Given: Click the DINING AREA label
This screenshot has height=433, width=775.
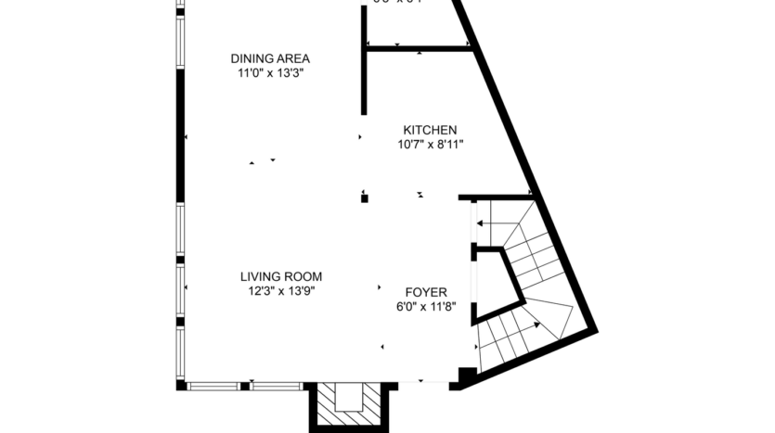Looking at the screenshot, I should (269, 58).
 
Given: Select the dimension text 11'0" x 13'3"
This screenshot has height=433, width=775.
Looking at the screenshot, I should (269, 73).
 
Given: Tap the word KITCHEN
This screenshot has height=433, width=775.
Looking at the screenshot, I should (429, 129).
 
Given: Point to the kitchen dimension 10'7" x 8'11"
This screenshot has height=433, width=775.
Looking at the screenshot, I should (429, 144).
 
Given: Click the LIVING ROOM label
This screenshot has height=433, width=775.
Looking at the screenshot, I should (281, 276).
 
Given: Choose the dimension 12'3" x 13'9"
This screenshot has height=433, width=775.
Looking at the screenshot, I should (281, 291).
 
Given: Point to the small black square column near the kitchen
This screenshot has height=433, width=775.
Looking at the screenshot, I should (365, 197).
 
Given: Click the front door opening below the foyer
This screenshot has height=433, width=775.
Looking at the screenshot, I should (422, 383).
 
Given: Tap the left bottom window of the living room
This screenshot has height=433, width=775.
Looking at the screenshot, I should (216, 385).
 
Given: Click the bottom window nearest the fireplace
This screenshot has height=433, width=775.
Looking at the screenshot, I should (276, 385).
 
